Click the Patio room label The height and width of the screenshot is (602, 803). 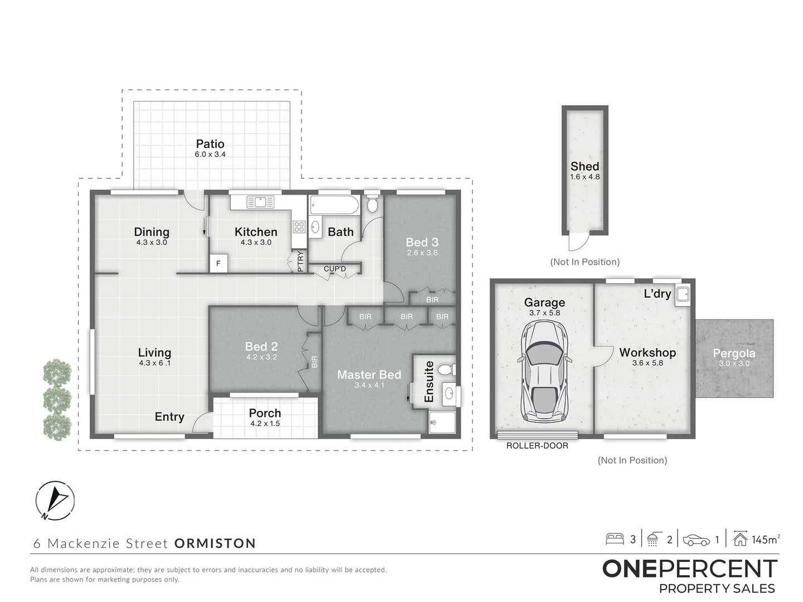click(x=210, y=144)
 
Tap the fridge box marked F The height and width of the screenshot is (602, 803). click(x=219, y=263)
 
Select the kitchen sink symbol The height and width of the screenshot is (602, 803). click(x=260, y=202)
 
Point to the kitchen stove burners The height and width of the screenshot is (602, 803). click(x=299, y=227)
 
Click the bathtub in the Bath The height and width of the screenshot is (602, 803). click(x=334, y=205)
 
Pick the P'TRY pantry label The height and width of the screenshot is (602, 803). click(x=301, y=261)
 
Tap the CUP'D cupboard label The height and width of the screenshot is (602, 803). click(x=335, y=269)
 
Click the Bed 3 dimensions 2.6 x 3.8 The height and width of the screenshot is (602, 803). click(x=422, y=253)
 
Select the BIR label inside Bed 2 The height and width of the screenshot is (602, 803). click(x=315, y=362)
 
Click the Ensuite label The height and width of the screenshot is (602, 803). click(x=429, y=382)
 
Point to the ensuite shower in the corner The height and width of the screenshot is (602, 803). click(x=442, y=422)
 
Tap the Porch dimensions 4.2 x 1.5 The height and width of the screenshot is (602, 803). click(x=265, y=423)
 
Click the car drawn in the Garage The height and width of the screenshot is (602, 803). click(x=544, y=371)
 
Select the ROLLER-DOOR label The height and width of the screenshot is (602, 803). click(x=537, y=445)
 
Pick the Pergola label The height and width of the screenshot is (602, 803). click(x=734, y=353)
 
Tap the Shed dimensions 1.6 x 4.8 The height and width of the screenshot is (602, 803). click(x=584, y=177)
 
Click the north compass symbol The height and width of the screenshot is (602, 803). click(x=55, y=501)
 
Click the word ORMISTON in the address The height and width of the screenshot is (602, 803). click(x=215, y=543)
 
